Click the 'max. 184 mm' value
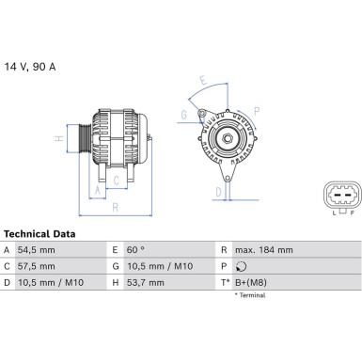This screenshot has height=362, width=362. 265,250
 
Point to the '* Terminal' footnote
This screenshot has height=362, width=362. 250,295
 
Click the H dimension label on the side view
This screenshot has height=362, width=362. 58,139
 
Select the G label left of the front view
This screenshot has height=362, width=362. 184,116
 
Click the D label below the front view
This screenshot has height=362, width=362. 219,191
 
